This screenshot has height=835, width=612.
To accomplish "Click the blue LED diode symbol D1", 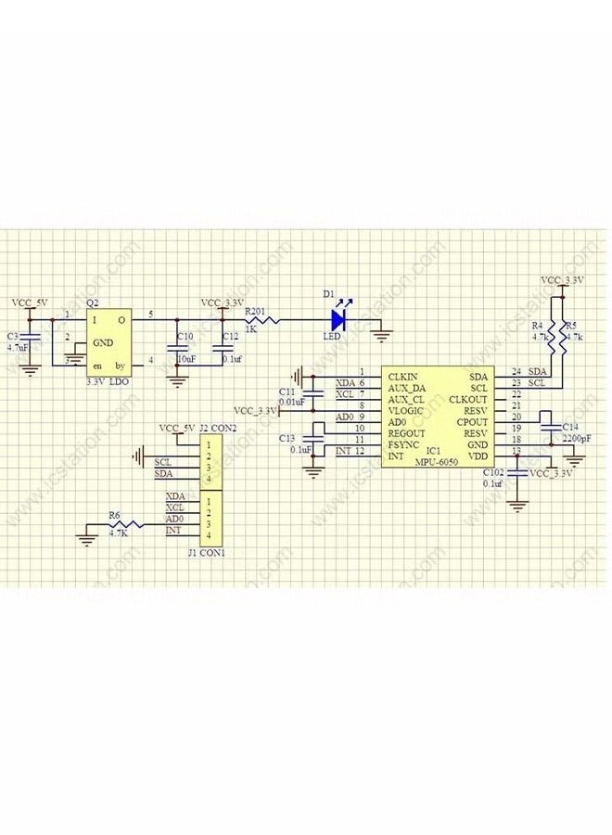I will [338, 320].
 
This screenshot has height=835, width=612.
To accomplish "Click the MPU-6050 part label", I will [436, 461].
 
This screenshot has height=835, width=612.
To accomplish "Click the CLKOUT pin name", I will [467, 399].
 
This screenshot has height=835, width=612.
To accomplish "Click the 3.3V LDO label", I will [108, 381].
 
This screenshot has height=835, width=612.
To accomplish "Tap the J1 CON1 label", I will [207, 553].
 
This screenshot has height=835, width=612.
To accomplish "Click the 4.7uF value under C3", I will [18, 347].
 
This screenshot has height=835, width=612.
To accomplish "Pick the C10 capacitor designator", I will [185, 336].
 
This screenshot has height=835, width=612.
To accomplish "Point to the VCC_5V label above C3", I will [31, 303].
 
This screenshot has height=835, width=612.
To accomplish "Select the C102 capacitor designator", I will [494, 472].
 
